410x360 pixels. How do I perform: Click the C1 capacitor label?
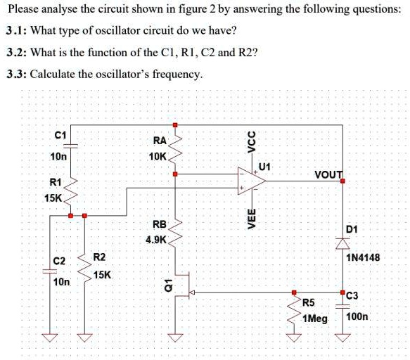(x=60, y=135)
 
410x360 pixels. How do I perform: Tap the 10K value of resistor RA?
(x=158, y=155)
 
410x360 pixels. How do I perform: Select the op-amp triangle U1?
(x=251, y=181)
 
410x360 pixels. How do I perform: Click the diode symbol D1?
(x=343, y=243)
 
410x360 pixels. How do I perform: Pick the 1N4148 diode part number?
(x=363, y=258)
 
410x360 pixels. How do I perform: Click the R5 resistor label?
(x=308, y=303)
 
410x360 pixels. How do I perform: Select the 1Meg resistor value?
(x=314, y=319)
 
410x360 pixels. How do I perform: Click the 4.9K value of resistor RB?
(x=156, y=240)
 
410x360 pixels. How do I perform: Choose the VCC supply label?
(x=250, y=141)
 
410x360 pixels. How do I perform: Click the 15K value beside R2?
(x=101, y=275)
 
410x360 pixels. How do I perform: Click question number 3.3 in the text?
(x=15, y=75)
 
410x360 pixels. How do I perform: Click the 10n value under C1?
(x=58, y=156)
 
